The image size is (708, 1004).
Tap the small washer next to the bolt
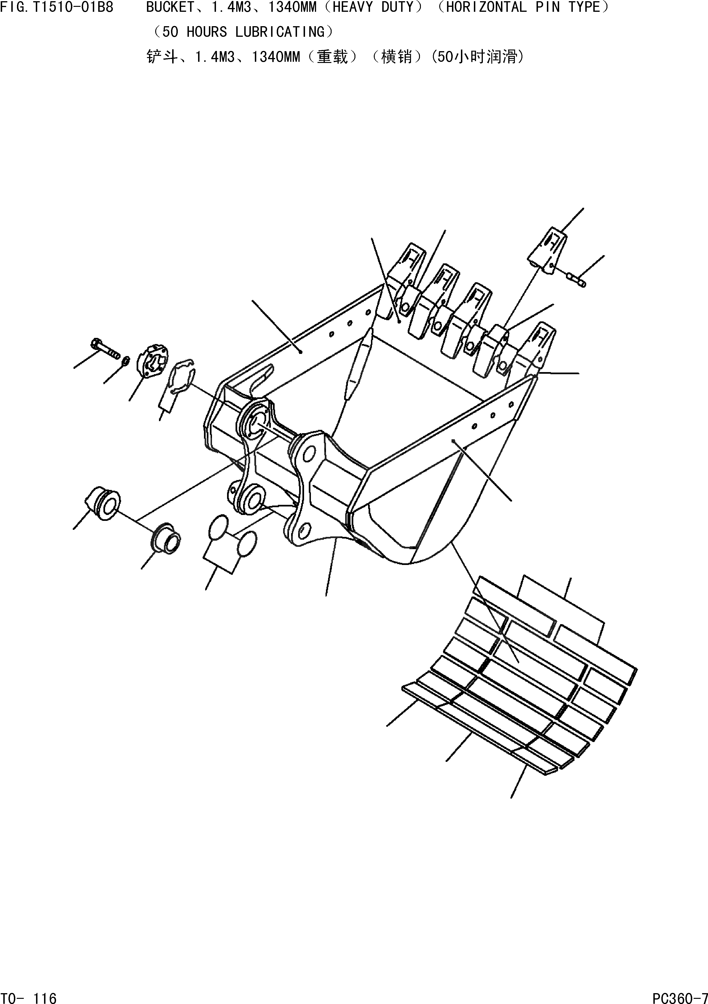point(125,361)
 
